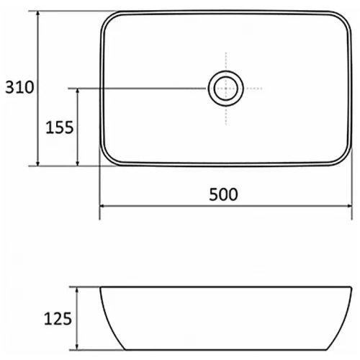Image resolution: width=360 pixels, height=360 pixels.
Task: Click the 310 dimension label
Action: click(x=17, y=89)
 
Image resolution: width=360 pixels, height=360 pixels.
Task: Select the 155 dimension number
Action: click(x=60, y=127)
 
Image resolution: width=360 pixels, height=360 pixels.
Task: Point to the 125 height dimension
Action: click(x=59, y=318)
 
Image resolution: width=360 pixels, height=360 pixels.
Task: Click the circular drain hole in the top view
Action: click(x=224, y=89)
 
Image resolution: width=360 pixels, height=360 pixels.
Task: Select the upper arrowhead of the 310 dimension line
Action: click(x=38, y=16)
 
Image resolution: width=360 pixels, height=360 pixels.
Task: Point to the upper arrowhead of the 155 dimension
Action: click(x=78, y=92)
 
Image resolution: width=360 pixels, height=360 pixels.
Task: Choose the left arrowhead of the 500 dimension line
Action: click(x=103, y=207)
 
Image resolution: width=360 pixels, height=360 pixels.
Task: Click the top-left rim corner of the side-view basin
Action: click(x=101, y=289)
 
